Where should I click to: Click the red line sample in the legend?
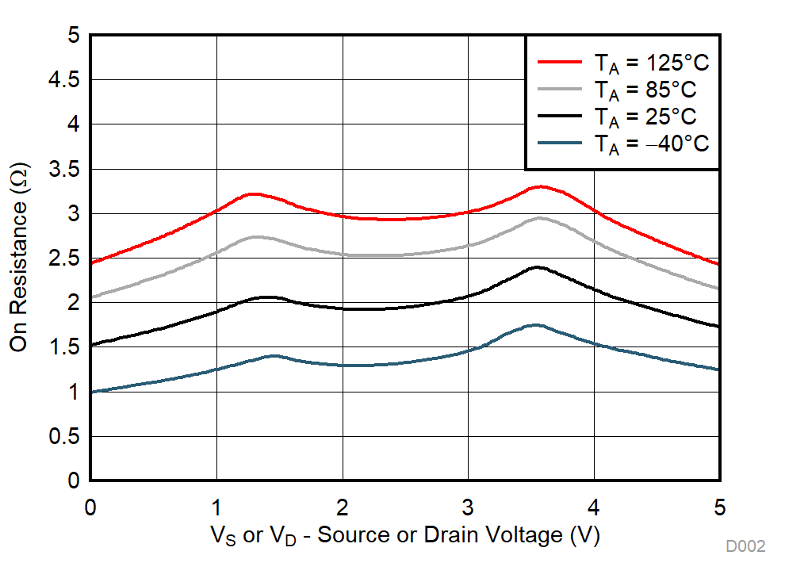click(x=561, y=61)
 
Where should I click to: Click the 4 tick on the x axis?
click(x=595, y=506)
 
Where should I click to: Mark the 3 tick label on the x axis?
click(x=469, y=506)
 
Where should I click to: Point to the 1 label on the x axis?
click(x=216, y=506)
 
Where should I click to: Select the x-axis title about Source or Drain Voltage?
click(x=404, y=536)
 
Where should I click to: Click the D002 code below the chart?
click(x=745, y=546)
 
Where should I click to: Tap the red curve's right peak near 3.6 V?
click(x=540, y=186)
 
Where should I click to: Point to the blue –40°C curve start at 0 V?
click(x=92, y=392)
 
